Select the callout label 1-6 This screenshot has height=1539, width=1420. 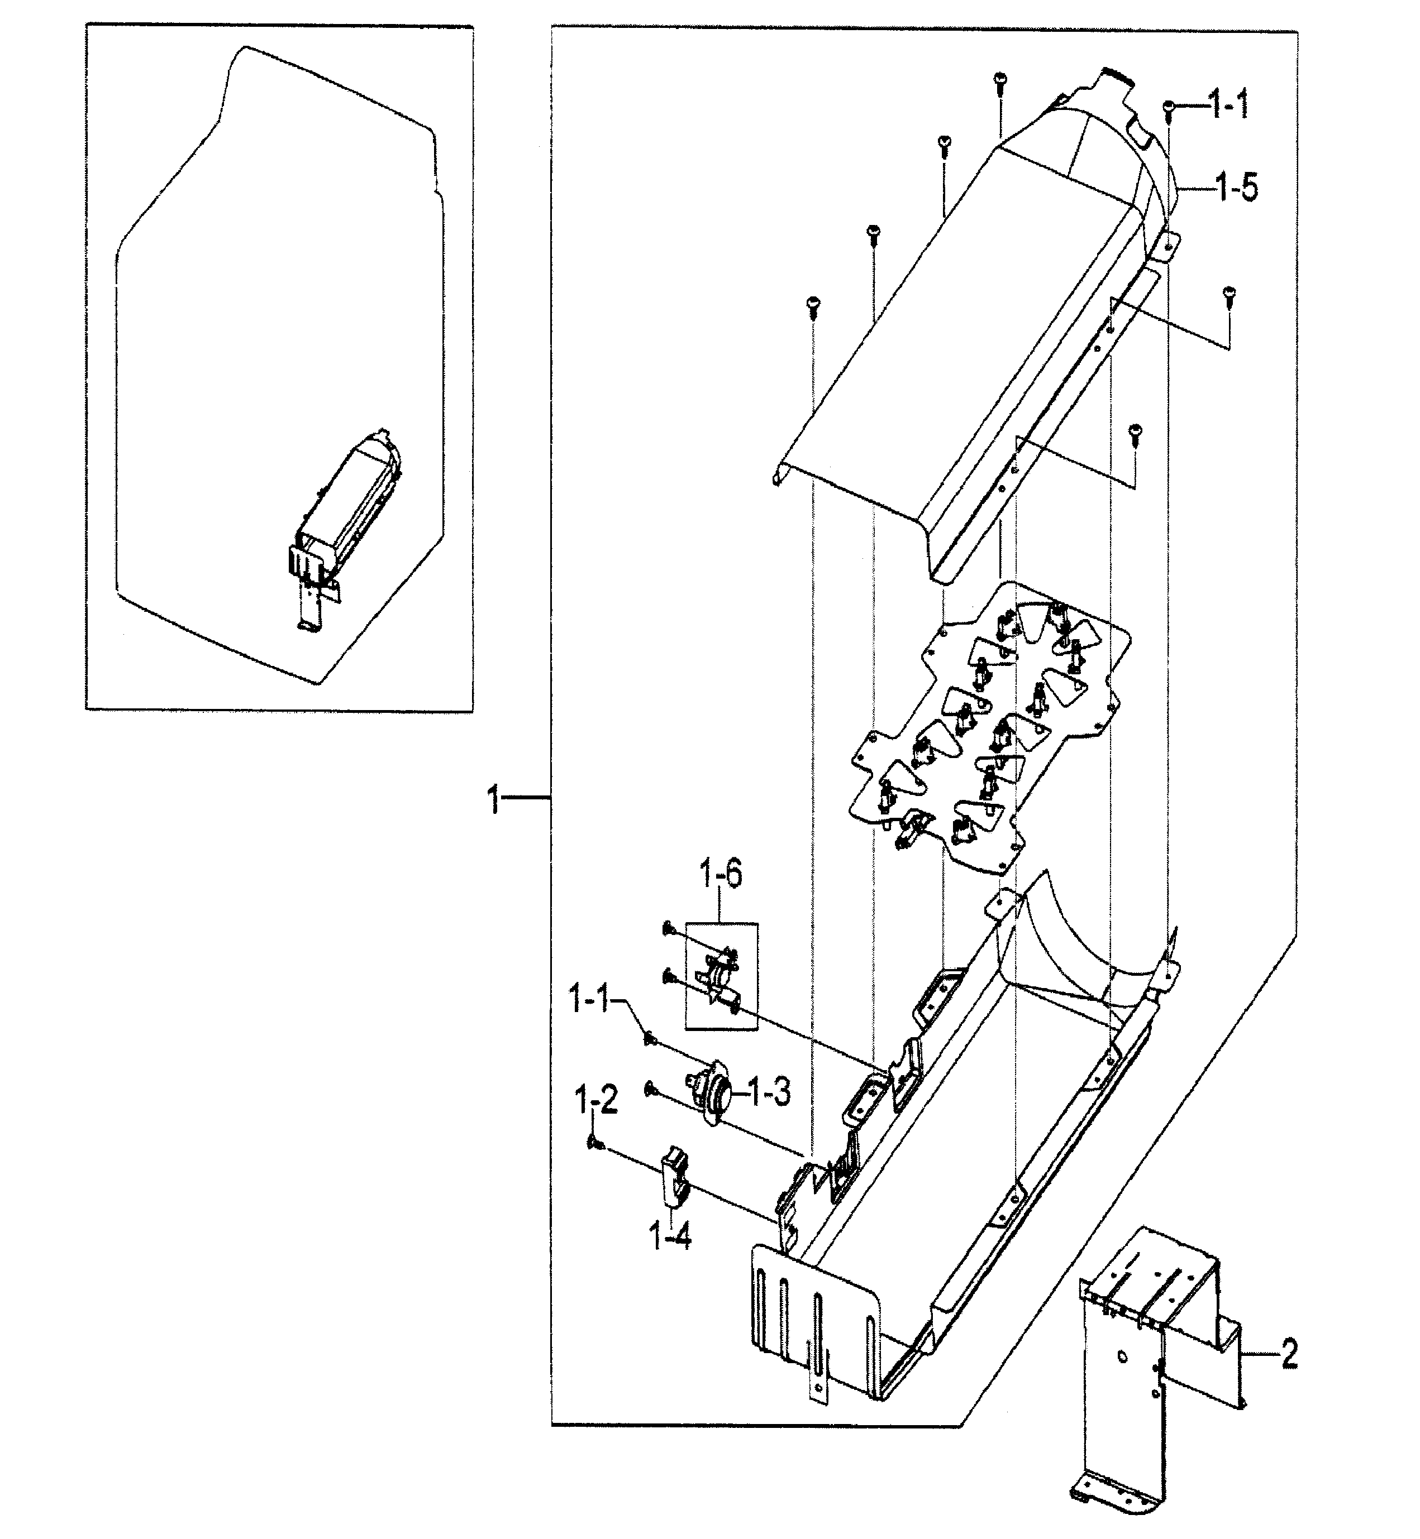tap(720, 875)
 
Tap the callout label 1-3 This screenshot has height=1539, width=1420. tap(769, 1091)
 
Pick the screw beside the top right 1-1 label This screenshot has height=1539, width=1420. tap(1169, 110)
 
